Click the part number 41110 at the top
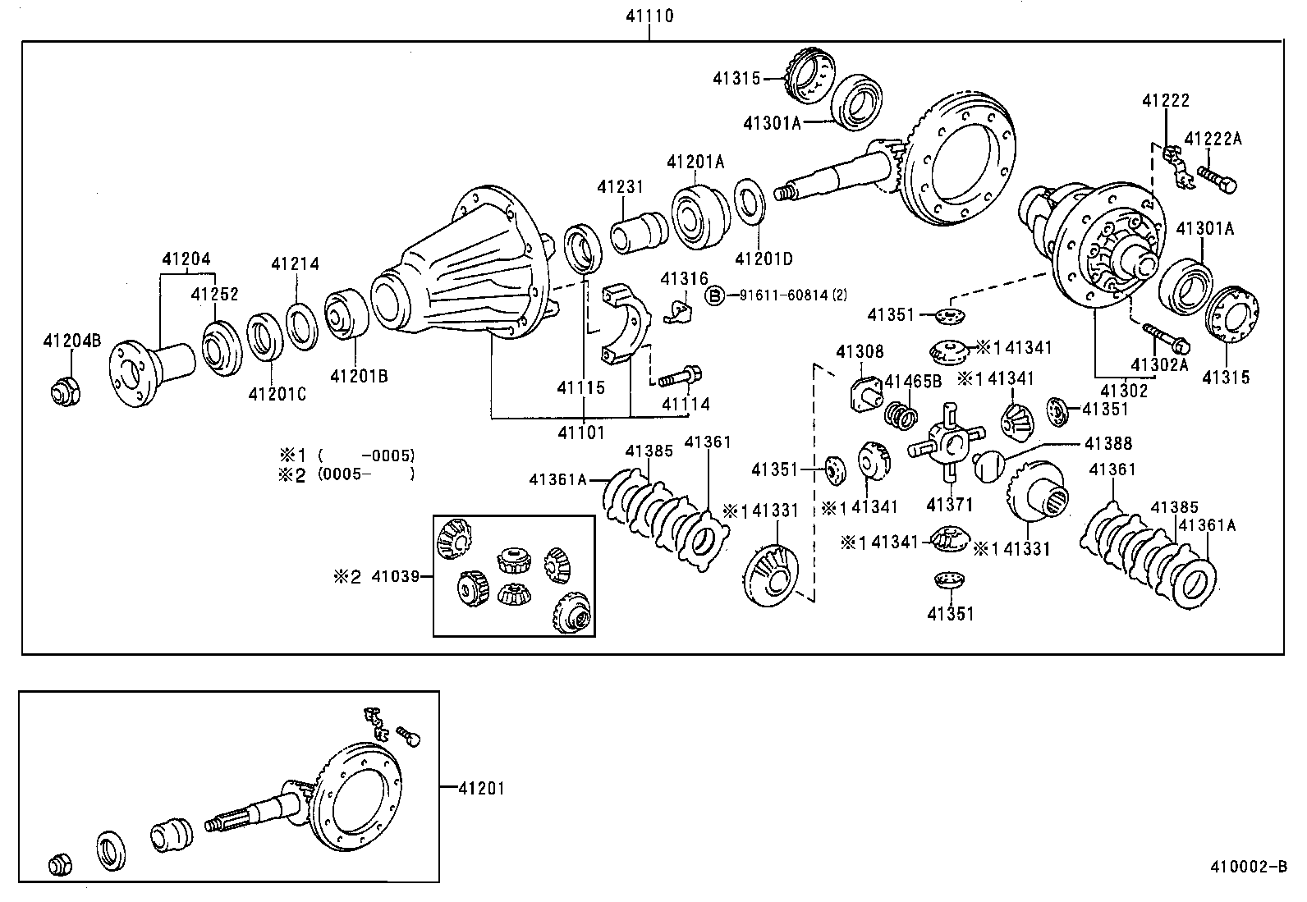pyautogui.click(x=648, y=15)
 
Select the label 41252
pyautogui.click(x=215, y=294)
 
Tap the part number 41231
pyautogui.click(x=620, y=187)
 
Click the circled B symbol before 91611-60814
pyautogui.click(x=715, y=296)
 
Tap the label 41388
pyautogui.click(x=1108, y=443)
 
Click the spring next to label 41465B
pyautogui.click(x=901, y=414)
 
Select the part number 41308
pyautogui.click(x=860, y=352)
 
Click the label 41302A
pyautogui.click(x=1158, y=364)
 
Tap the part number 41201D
pyautogui.click(x=764, y=259)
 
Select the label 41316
pyautogui.click(x=684, y=279)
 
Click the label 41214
pyautogui.click(x=296, y=264)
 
